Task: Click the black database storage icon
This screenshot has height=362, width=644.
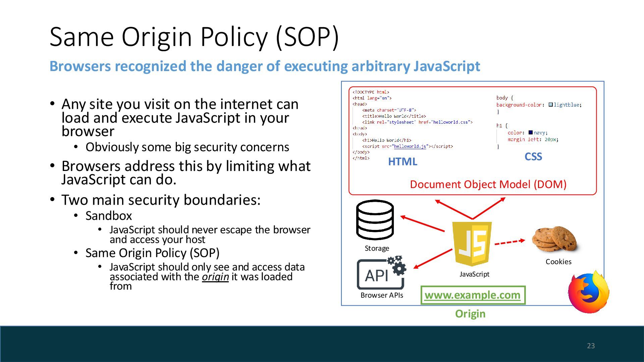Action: point(375,220)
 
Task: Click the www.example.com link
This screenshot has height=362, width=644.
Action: point(473,295)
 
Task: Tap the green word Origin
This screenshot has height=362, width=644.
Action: point(470,314)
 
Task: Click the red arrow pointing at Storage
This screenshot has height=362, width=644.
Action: point(423,224)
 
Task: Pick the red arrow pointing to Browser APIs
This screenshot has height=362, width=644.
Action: point(433,259)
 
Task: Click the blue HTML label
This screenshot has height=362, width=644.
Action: point(402,162)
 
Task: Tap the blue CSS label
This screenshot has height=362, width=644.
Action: point(533,157)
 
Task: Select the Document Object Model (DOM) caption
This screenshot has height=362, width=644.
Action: point(488,184)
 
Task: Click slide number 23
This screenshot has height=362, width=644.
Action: point(591,346)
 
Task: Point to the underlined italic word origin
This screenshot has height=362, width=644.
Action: point(215,277)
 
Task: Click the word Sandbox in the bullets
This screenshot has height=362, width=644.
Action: point(109,216)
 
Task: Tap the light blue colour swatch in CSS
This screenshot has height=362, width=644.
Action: point(550,105)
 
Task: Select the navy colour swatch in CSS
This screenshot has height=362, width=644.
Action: point(531,133)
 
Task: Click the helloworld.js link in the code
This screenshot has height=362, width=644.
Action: point(410,146)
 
